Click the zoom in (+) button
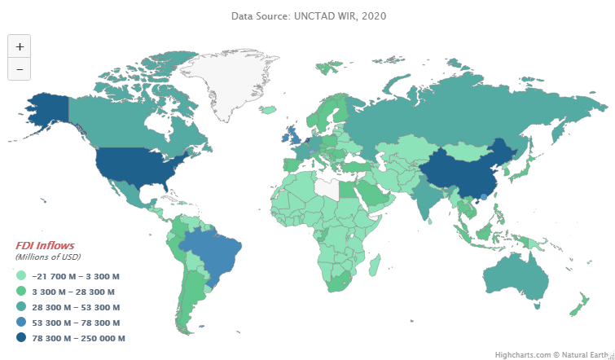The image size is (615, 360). (x=19, y=46)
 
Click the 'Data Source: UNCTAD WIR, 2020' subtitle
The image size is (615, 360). (x=308, y=15)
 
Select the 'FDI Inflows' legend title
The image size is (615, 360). (x=45, y=245)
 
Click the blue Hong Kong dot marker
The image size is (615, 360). (x=483, y=196)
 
